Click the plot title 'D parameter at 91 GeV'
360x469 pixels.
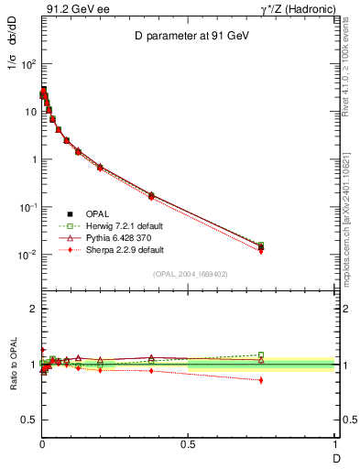tap(188, 37)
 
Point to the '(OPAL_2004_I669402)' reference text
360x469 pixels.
tap(188, 274)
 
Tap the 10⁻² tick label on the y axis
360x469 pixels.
tap(27, 255)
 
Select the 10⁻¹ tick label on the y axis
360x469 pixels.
tap(27, 207)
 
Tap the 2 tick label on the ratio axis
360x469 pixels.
tap(32, 310)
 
